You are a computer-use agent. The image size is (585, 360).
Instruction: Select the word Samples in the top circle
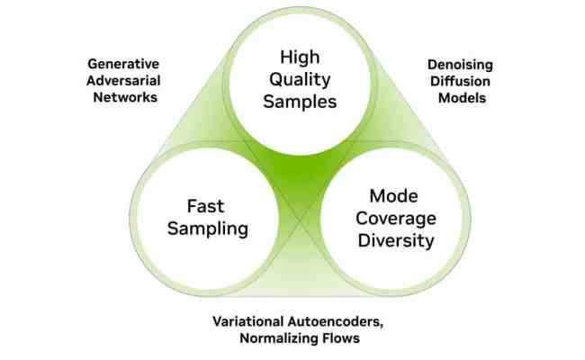[x=292, y=101]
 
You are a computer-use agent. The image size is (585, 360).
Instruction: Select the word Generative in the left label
[x=122, y=64]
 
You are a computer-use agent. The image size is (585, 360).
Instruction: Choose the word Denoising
[x=456, y=66]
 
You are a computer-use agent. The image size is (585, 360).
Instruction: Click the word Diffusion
[x=456, y=81]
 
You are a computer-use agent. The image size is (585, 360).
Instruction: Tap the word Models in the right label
[x=456, y=97]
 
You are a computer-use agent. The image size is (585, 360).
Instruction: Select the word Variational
[x=250, y=321]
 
